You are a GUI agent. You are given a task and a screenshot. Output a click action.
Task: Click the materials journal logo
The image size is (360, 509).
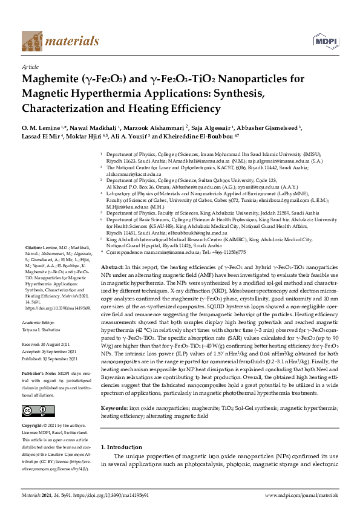click(x=60, y=41)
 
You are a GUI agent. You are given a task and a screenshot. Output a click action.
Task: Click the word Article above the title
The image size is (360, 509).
click(x=30, y=67)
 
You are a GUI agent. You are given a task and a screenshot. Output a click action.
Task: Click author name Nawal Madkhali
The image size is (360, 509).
click(x=94, y=129)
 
